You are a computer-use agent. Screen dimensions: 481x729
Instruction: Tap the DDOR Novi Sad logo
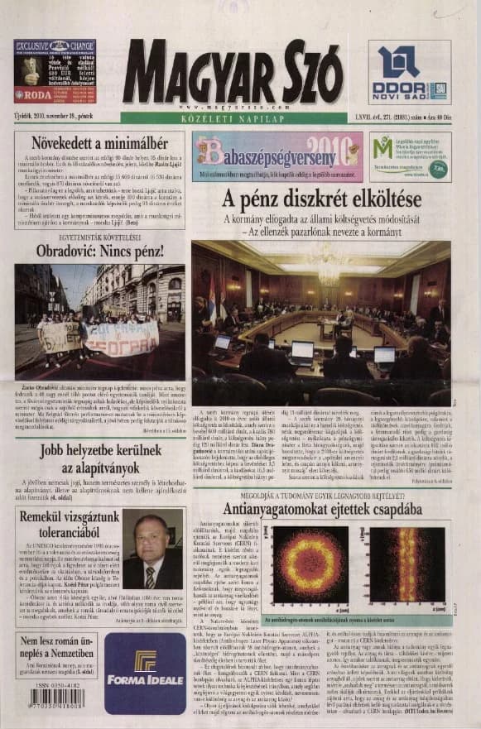click(409, 73)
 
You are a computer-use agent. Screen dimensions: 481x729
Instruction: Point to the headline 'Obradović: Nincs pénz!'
click(100, 250)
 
